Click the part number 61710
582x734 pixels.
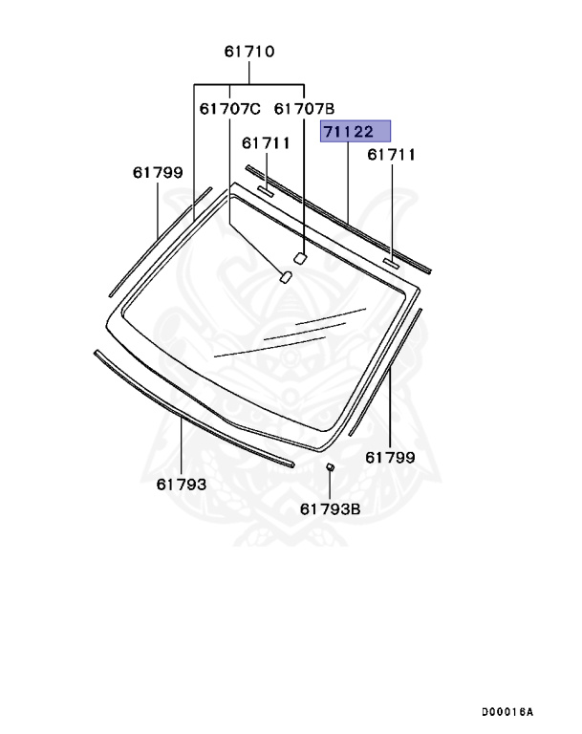pyautogui.click(x=249, y=52)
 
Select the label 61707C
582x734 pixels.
pyautogui.click(x=229, y=109)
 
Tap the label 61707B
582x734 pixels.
pyautogui.click(x=304, y=109)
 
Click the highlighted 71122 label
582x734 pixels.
pyautogui.click(x=355, y=131)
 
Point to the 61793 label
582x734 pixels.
pyautogui.click(x=182, y=485)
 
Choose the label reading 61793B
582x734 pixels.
pyautogui.click(x=330, y=508)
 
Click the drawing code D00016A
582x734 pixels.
pyautogui.click(x=507, y=712)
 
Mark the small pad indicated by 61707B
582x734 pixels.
pyautogui.click(x=299, y=256)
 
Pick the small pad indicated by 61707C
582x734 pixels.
pyautogui.click(x=285, y=277)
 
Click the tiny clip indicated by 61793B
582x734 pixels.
pyautogui.click(x=330, y=467)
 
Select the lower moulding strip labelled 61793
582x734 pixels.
pyautogui.click(x=191, y=409)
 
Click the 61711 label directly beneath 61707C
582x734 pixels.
pyautogui.click(x=265, y=143)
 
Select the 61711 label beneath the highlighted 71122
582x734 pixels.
pyautogui.click(x=391, y=154)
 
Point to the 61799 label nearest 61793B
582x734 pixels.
pyautogui.click(x=390, y=458)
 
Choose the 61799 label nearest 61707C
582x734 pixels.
pyautogui.click(x=158, y=173)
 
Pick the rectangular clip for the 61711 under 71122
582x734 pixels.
pyautogui.click(x=391, y=261)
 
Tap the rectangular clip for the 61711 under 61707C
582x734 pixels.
pyautogui.click(x=265, y=192)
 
